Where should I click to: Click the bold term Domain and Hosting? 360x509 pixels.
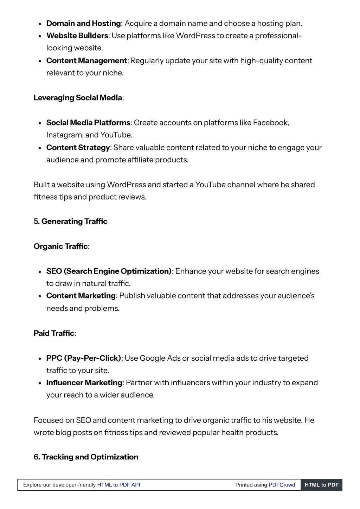coord(83,24)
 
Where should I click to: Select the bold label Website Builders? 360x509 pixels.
coord(77,36)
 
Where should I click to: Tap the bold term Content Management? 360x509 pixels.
coord(86,61)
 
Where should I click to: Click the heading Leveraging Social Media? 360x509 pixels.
coord(78,98)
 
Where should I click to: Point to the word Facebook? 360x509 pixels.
coord(270,123)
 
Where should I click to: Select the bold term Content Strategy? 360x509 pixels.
coord(78,148)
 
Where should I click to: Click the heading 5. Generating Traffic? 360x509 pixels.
coord(70,221)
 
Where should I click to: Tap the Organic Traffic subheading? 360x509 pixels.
coord(60,246)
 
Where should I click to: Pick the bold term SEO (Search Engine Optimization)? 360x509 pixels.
coord(109,271)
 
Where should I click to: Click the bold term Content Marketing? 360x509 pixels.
coord(81,296)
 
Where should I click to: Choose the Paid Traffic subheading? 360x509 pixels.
coord(54,333)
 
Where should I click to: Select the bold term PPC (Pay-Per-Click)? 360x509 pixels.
coord(83,358)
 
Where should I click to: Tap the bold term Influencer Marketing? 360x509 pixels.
coord(84,383)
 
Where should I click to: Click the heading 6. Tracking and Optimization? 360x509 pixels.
coord(86,457)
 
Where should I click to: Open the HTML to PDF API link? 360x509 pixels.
coord(118,485)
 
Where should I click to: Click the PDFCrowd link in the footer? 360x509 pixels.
coord(282,485)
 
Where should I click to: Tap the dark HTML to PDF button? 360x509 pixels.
coord(321,485)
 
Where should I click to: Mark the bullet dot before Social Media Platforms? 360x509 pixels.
coord(40,123)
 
